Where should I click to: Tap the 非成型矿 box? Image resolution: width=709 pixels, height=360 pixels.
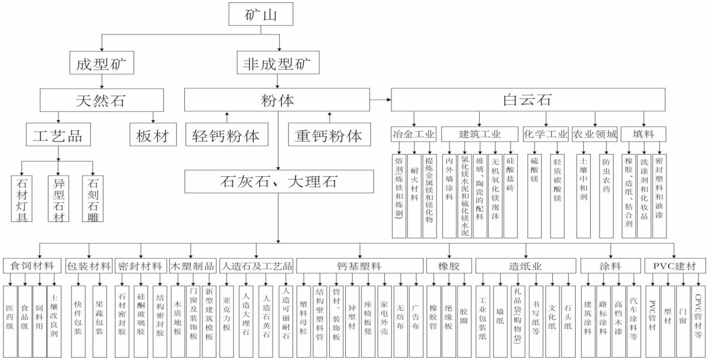(x=278, y=63)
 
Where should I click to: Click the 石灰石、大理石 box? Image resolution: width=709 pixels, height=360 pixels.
(x=280, y=182)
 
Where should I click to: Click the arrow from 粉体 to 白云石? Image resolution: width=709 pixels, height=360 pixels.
(x=383, y=100)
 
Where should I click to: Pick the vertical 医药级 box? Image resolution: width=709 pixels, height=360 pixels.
(x=11, y=319)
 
